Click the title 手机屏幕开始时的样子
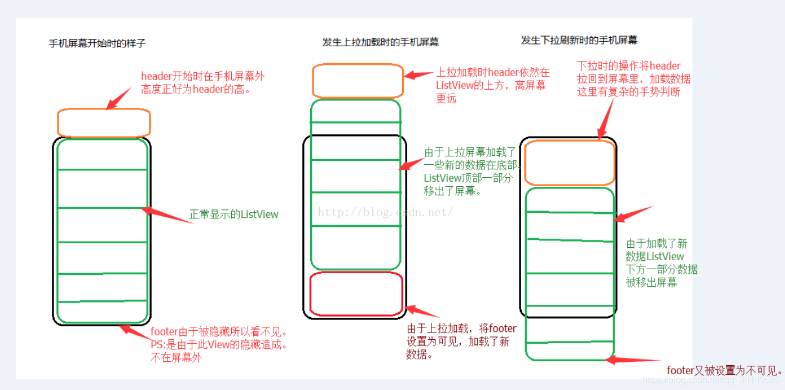click(x=98, y=43)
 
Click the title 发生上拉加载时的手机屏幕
click(x=381, y=42)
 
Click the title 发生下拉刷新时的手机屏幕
click(x=579, y=40)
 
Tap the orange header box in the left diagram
click(x=104, y=122)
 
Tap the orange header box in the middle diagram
click(x=358, y=81)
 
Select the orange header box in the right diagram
click(x=569, y=163)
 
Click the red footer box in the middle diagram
click(x=356, y=293)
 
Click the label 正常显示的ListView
click(x=233, y=214)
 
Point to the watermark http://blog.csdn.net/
click(x=386, y=212)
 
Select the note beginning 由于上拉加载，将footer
click(x=461, y=341)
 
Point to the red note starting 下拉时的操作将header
click(x=633, y=78)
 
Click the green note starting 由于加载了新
click(x=661, y=263)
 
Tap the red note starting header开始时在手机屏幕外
click(x=203, y=82)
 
